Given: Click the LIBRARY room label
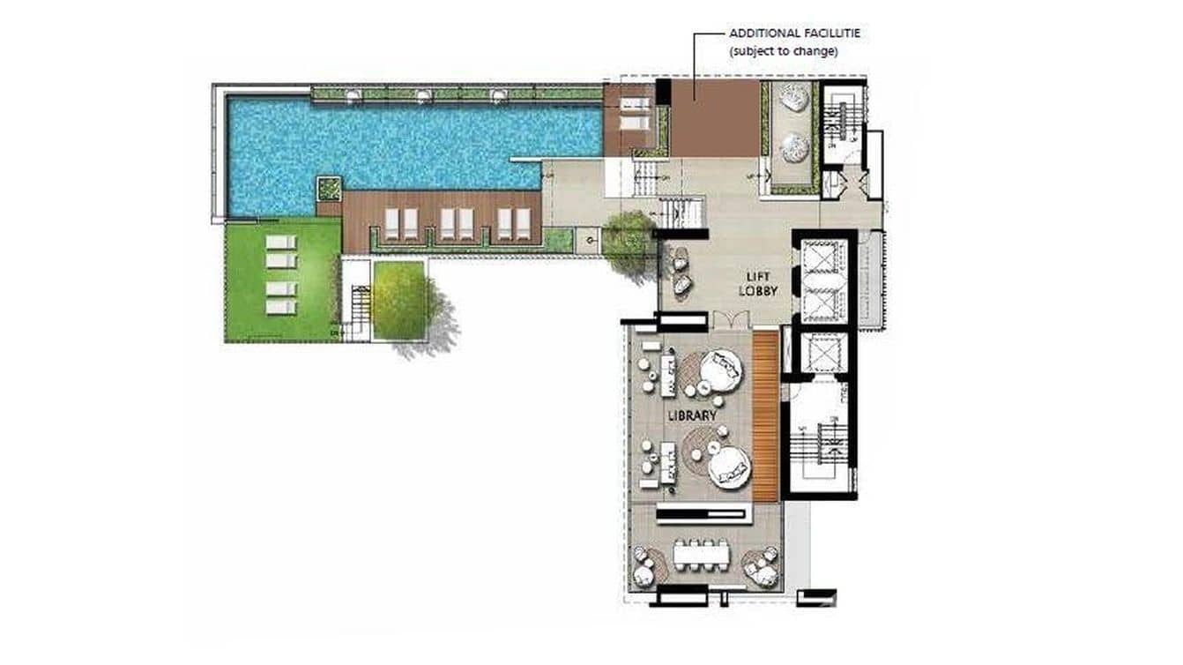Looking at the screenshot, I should coord(691,414).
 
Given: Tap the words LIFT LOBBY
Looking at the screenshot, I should coord(758,284).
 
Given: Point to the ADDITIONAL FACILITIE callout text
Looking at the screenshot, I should coord(794,34).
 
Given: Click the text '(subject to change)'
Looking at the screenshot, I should coord(783,51).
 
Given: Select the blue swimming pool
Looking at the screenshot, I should coord(397,141).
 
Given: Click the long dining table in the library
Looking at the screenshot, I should coord(703,555).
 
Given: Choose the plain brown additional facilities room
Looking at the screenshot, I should coord(714,119).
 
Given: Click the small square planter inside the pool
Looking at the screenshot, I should coord(330,188).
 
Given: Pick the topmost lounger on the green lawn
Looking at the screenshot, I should coord(281,242).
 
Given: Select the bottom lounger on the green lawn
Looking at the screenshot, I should coord(281,307).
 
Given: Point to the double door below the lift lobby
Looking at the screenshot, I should coord(731,320).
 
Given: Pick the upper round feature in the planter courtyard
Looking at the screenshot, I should coord(795,100).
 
